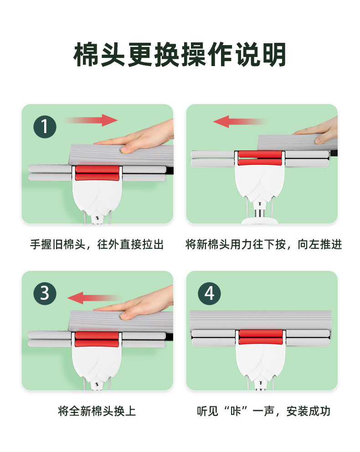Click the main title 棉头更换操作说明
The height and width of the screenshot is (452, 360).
coord(180,55)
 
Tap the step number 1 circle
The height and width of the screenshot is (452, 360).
coord(45,127)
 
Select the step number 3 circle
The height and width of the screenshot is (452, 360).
coord(45,293)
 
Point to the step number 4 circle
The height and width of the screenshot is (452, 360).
coord(209,293)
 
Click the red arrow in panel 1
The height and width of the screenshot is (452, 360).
coord(92,120)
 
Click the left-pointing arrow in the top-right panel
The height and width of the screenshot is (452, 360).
coord(240,122)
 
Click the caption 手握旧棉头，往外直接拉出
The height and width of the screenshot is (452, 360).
coord(97,244)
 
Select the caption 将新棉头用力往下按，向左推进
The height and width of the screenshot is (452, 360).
coord(263,244)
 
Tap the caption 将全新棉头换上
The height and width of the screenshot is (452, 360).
coord(97,411)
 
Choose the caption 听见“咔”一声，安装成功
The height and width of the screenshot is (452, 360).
coord(263,411)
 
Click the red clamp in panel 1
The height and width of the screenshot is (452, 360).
coord(97,173)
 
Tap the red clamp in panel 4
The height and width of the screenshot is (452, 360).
coord(261,337)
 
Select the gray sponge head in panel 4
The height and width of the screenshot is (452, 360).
coord(261,321)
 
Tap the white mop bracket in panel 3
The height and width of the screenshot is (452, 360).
coord(97,363)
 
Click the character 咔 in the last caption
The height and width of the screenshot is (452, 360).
coord(236,411)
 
